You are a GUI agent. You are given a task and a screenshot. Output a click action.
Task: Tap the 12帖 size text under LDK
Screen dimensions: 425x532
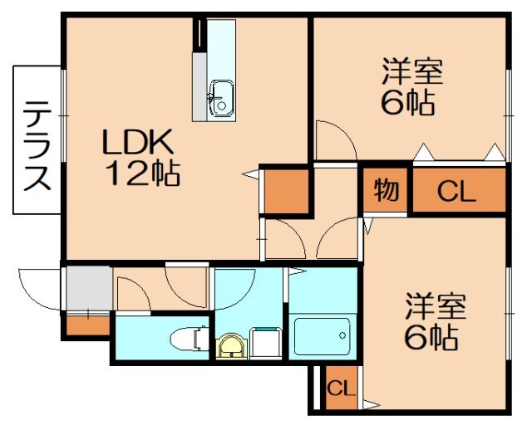coord(141,173)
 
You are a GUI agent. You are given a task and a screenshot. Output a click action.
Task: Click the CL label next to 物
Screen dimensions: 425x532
coord(456,193)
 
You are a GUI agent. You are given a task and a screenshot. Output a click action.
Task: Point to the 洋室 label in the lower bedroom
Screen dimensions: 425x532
coord(436,307)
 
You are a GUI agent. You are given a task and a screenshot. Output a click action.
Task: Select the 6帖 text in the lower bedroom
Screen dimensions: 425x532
coord(432,337)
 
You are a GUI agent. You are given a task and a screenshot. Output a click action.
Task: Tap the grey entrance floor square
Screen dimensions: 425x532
coord(87,287)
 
